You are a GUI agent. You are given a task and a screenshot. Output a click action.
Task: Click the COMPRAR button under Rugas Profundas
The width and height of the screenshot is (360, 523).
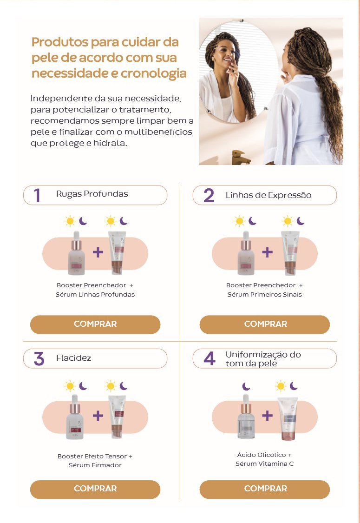[95, 324]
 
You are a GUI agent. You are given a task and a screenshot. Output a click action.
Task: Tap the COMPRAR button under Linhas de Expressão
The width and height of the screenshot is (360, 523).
[265, 324]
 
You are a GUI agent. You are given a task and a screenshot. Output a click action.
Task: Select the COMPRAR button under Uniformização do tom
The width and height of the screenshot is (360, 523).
[265, 490]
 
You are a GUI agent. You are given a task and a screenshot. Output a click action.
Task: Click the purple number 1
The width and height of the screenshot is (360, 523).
[37, 195]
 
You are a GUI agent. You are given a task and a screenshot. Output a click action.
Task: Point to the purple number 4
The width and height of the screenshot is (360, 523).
[209, 359]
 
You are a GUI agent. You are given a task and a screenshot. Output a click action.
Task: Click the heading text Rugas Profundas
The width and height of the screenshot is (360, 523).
[92, 194]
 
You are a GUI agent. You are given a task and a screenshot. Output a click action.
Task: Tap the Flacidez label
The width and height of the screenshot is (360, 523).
[74, 358]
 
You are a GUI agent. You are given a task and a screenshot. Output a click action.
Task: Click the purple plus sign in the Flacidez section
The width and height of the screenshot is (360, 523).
[98, 416]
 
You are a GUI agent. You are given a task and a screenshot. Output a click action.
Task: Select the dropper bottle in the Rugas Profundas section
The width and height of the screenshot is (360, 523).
[76, 253]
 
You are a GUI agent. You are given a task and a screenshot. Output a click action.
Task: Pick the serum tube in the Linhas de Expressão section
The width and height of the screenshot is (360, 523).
[290, 253]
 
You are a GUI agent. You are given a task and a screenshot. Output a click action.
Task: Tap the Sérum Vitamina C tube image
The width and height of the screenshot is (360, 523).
[288, 418]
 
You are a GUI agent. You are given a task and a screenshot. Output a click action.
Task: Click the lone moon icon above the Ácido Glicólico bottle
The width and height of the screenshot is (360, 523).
[246, 386]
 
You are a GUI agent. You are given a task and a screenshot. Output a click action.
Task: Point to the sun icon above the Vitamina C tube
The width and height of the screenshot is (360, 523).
[281, 386]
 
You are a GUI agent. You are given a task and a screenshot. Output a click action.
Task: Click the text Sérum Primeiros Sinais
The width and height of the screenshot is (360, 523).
[265, 295]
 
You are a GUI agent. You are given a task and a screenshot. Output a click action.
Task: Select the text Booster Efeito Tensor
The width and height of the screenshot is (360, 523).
[92, 457]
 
